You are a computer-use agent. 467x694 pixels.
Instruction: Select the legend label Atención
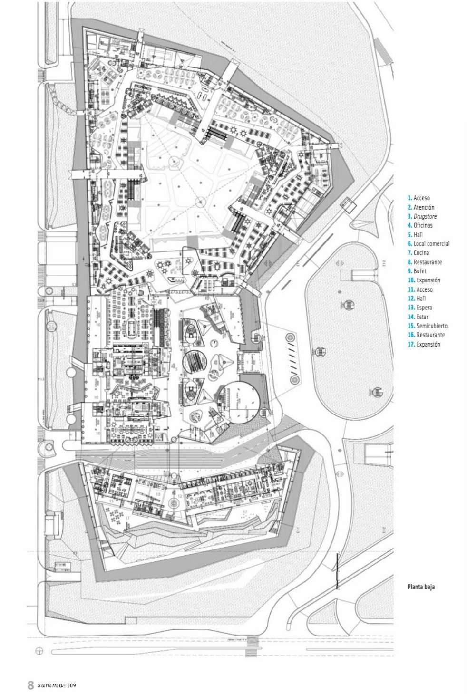point(423,207)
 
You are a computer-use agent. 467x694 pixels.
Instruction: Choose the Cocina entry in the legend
point(421,253)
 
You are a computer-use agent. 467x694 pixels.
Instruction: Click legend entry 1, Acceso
point(421,198)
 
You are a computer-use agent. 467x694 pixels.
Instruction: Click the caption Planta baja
point(421,587)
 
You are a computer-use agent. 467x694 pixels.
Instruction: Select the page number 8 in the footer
point(30,685)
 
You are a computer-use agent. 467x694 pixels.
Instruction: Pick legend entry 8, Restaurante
point(428,262)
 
